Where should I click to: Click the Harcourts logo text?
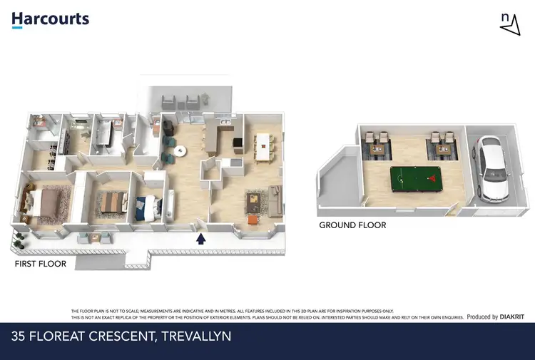tap(50, 19)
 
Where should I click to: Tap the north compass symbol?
tap(509, 24)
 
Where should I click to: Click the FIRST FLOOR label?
tap(41, 264)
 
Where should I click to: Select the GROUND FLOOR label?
tap(352, 225)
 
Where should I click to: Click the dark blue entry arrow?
tap(201, 239)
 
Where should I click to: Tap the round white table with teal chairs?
tap(178, 151)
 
